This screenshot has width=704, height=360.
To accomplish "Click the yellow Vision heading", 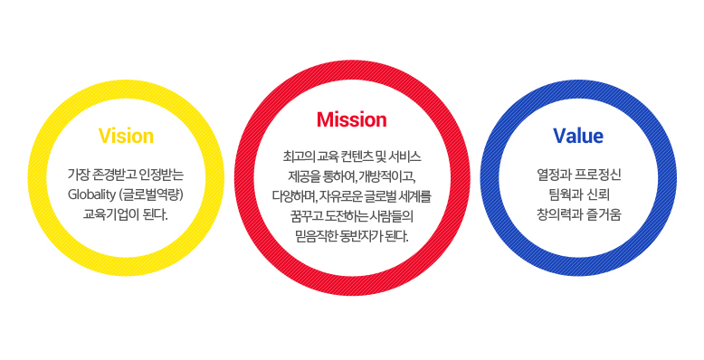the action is (126, 136).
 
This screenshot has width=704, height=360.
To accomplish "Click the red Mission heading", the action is (352, 120).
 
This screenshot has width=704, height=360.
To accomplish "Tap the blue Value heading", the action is (578, 136).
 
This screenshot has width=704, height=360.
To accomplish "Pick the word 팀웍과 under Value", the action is (563, 194).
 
